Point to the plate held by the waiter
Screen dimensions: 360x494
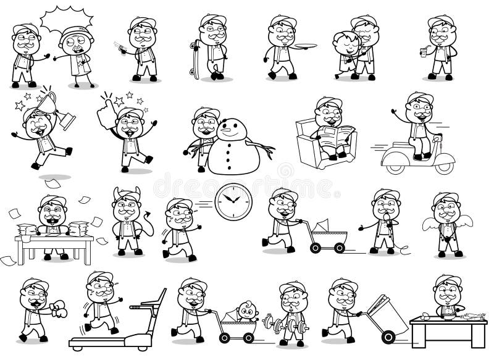[x=306, y=44]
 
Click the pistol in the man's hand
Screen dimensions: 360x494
[x=119, y=46]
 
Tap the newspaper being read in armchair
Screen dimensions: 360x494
[x=338, y=132]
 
